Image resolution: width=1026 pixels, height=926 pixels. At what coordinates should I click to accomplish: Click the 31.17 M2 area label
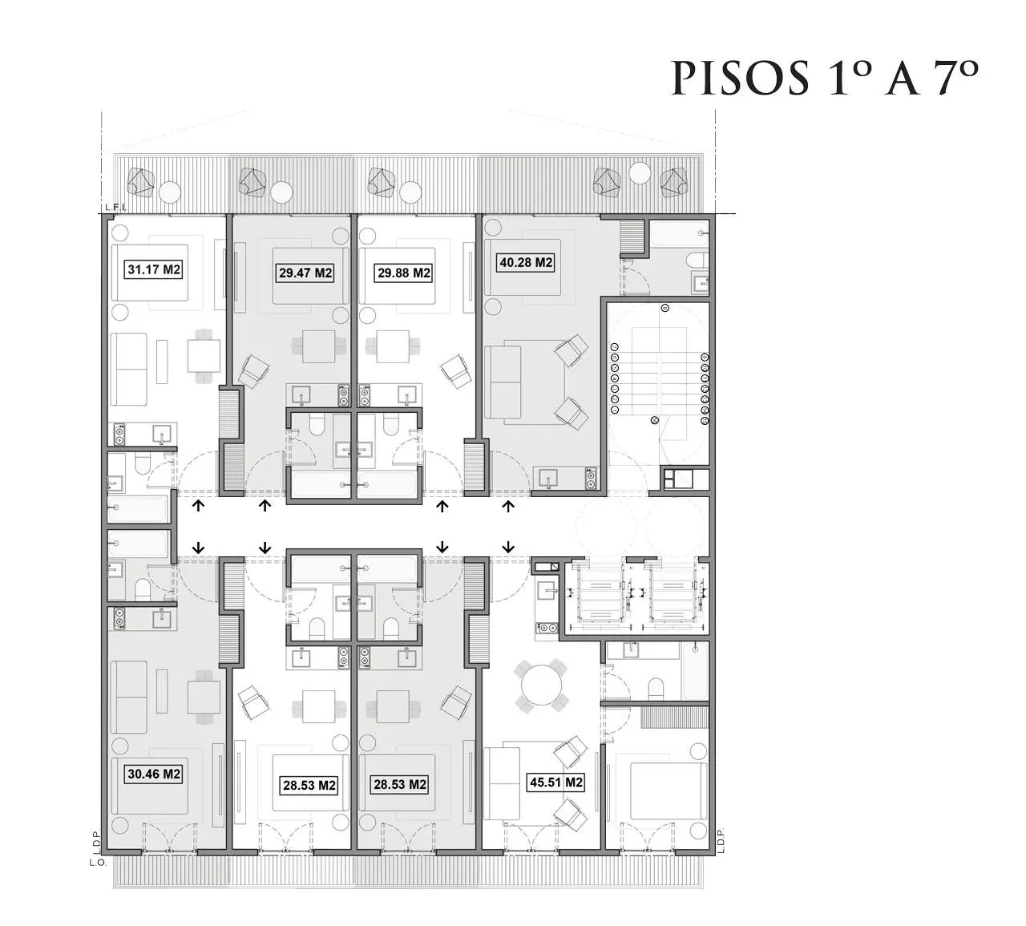coord(154,270)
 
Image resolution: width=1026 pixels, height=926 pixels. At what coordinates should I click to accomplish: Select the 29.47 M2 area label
coord(305,273)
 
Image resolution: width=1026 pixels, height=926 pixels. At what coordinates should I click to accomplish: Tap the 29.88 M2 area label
coord(404,273)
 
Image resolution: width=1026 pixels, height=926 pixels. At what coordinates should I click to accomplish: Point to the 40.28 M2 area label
coord(525,263)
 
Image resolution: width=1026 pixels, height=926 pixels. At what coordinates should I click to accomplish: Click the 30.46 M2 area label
coord(154,774)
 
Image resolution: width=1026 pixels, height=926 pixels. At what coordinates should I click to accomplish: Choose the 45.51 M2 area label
coord(555,782)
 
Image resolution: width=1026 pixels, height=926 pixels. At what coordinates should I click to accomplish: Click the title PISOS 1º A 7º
coord(825,78)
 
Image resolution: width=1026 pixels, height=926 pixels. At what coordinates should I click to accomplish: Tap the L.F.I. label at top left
coord(112,208)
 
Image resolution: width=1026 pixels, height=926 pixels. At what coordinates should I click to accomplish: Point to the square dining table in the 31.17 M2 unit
coord(204,356)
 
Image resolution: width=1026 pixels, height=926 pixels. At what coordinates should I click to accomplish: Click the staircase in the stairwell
coord(658,376)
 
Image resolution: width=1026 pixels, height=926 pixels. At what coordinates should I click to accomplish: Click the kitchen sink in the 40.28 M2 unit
coord(549,478)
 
